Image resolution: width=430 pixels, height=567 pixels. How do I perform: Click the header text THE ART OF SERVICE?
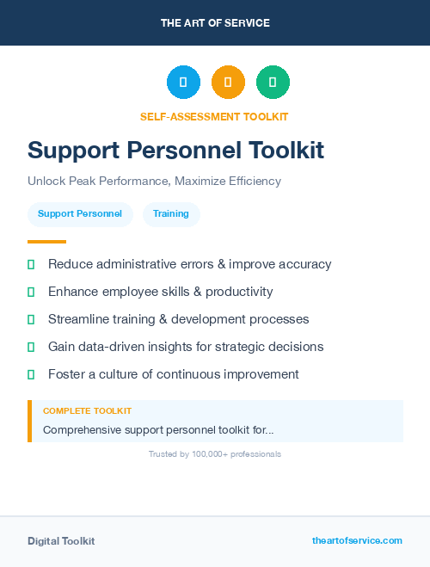tap(215, 23)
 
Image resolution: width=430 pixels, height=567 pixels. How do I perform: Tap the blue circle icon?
tap(183, 83)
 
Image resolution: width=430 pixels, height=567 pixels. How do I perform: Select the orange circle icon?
tap(228, 83)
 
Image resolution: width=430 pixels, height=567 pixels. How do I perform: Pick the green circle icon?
tap(273, 83)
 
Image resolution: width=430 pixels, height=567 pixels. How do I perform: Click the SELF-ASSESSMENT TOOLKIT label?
tap(215, 116)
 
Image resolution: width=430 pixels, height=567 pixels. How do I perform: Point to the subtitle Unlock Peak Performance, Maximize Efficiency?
tap(154, 182)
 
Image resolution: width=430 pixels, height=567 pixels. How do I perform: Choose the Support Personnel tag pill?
tap(80, 214)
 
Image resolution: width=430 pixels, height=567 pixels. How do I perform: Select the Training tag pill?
tap(171, 214)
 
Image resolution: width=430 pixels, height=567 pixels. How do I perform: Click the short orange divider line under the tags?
tap(46, 242)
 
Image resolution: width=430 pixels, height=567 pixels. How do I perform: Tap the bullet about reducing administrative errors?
tap(189, 264)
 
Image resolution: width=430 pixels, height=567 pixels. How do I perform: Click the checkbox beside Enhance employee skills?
tap(31, 293)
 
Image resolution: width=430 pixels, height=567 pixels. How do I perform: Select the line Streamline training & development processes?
tap(178, 319)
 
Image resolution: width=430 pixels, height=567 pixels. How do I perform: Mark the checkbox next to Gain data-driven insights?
tap(31, 348)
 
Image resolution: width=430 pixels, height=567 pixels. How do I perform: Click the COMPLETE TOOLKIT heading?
tap(87, 411)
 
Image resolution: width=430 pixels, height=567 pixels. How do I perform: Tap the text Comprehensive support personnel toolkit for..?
tap(158, 429)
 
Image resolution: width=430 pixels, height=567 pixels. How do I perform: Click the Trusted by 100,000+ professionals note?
tap(215, 454)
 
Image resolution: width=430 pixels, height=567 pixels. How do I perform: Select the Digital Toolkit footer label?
tap(61, 541)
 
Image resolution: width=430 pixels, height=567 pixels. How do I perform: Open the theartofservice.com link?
tap(357, 541)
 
